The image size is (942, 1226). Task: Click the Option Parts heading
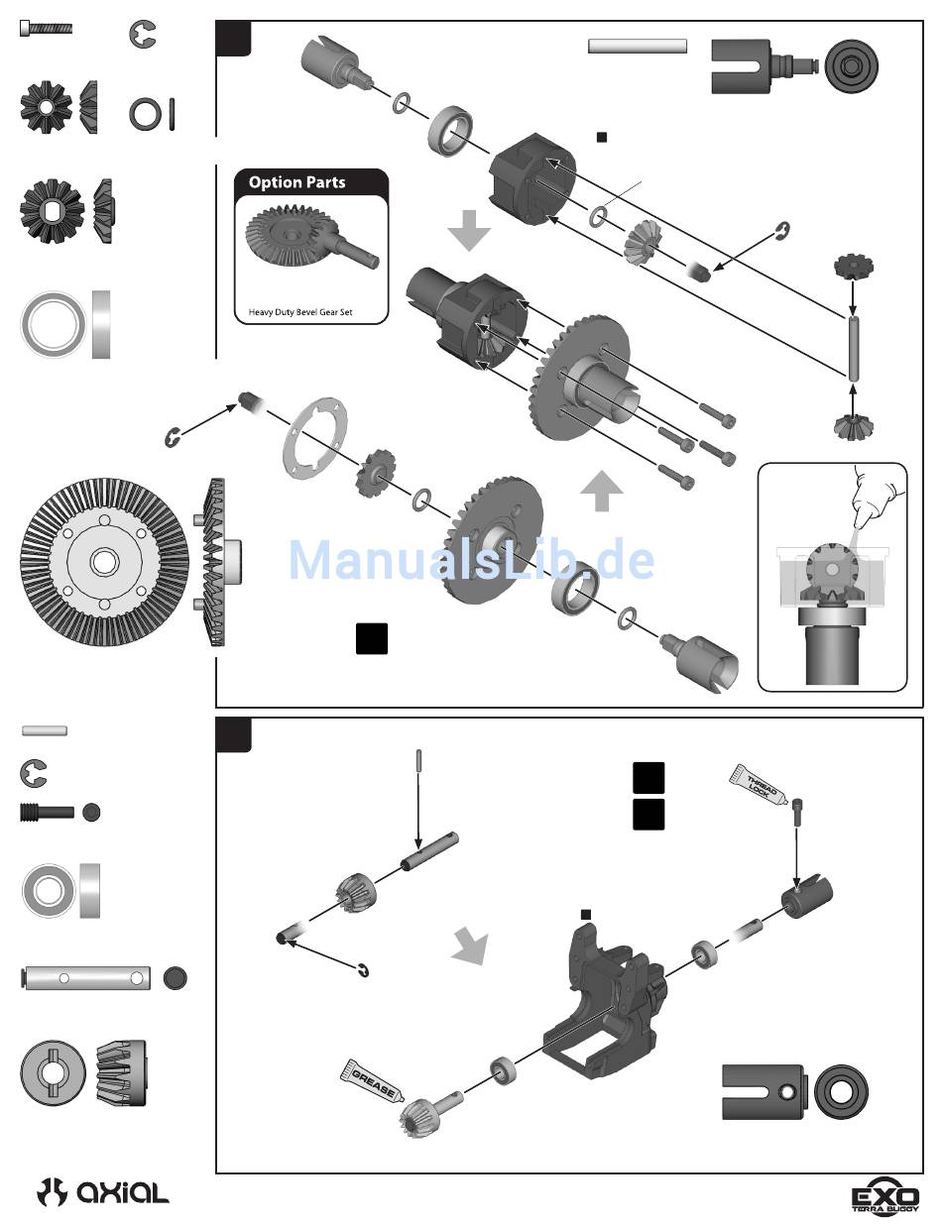(x=296, y=182)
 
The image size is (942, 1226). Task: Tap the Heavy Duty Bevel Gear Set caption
(x=299, y=313)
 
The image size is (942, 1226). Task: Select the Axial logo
(x=103, y=1192)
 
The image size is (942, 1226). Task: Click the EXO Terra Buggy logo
(x=885, y=1193)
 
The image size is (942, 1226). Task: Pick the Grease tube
(x=373, y=1080)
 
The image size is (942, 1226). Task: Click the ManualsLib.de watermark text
(x=471, y=560)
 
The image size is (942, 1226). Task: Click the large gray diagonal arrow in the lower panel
(x=470, y=946)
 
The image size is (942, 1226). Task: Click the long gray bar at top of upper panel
(x=638, y=45)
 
